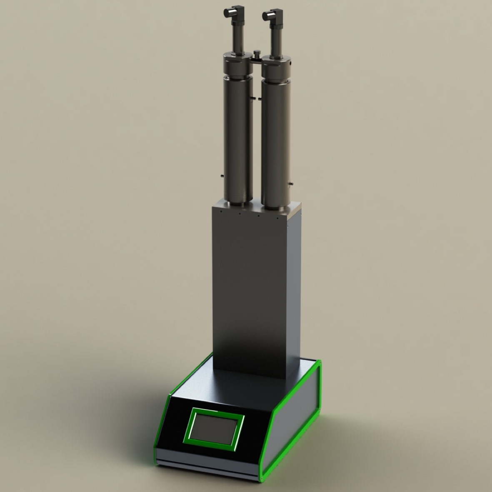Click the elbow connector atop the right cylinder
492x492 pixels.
(x=271, y=16)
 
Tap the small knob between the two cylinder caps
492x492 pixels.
(x=256, y=54)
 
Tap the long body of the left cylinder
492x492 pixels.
(x=238, y=137)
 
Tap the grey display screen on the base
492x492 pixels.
(x=214, y=429)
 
